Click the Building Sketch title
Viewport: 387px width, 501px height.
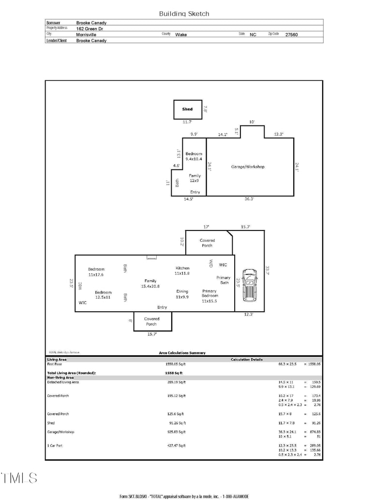tap(184, 14)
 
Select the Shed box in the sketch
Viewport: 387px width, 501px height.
tap(188, 109)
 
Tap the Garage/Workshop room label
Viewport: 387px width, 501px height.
tap(248, 167)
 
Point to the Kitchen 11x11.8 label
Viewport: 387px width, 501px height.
tap(182, 271)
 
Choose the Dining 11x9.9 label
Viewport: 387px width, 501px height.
tap(182, 294)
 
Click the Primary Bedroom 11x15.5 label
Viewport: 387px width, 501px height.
tap(209, 296)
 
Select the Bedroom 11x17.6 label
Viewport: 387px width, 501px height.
tap(96, 272)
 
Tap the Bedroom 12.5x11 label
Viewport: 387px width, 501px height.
tap(103, 295)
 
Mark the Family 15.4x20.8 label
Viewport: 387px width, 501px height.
tap(150, 284)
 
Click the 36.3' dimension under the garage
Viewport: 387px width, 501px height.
tap(250, 199)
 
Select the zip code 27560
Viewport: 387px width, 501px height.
tap(292, 35)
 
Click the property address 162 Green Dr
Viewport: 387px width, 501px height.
tap(89, 29)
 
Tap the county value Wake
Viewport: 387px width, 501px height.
tap(181, 35)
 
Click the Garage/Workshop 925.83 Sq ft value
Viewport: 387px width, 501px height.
tap(176, 432)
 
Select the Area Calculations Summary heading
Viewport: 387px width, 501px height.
tap(182, 353)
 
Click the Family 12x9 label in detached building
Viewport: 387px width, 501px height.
tap(194, 178)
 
